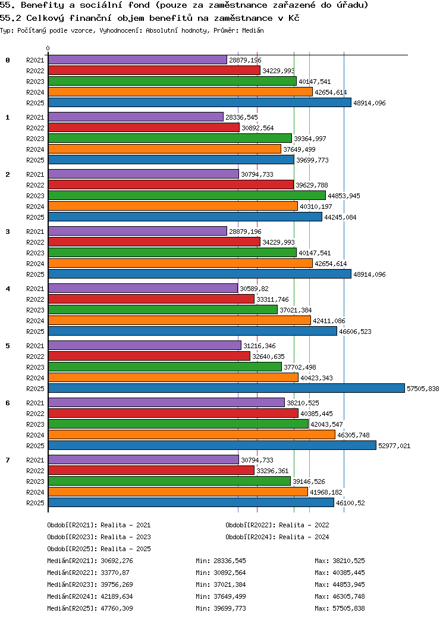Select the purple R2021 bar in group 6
tap(166, 403)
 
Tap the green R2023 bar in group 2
tap(187, 196)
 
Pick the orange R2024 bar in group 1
tap(164, 149)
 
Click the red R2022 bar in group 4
tap(151, 299)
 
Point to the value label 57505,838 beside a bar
tap(422, 389)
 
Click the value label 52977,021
tap(394, 446)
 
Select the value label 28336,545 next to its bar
tap(241, 117)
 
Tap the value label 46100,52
tap(350, 503)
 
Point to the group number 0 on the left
tap(8, 60)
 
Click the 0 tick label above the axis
tap(48, 48)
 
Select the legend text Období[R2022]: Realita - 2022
tap(277, 525)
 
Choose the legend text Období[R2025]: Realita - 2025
tap(99, 549)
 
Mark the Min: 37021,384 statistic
tap(221, 584)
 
